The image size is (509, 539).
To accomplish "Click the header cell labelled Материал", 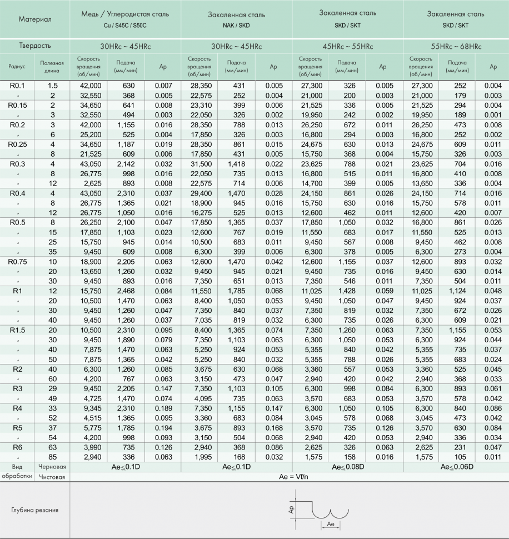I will [34, 19].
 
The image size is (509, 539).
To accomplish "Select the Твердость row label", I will [34, 46].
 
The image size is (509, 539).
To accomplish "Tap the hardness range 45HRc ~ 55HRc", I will [347, 46].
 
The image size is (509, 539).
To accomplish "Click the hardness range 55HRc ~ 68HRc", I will [456, 46].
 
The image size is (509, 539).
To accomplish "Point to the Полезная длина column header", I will [52, 67].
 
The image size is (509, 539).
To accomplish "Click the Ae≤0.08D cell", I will [347, 467].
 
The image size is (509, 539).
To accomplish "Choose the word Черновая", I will [52, 467].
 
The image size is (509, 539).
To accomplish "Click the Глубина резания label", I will [34, 510].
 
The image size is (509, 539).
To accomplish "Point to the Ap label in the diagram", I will [291, 508].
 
